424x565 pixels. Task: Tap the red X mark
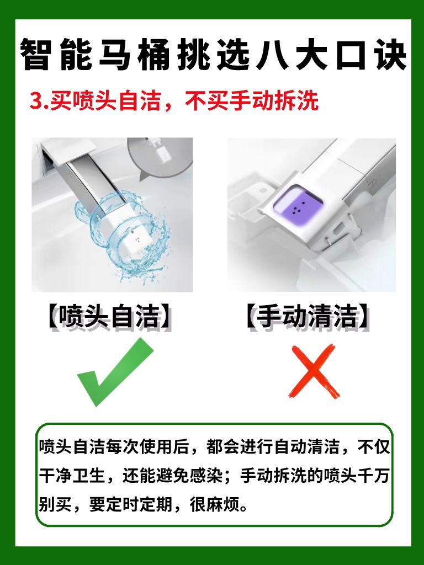point(314,371)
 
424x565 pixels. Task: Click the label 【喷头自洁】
point(109,316)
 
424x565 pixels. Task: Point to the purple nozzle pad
point(296,205)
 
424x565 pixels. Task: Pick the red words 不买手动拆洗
point(252,100)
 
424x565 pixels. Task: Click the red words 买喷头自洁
point(105,100)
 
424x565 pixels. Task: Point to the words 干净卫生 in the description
point(72,476)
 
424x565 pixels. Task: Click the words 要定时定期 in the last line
point(131,504)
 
